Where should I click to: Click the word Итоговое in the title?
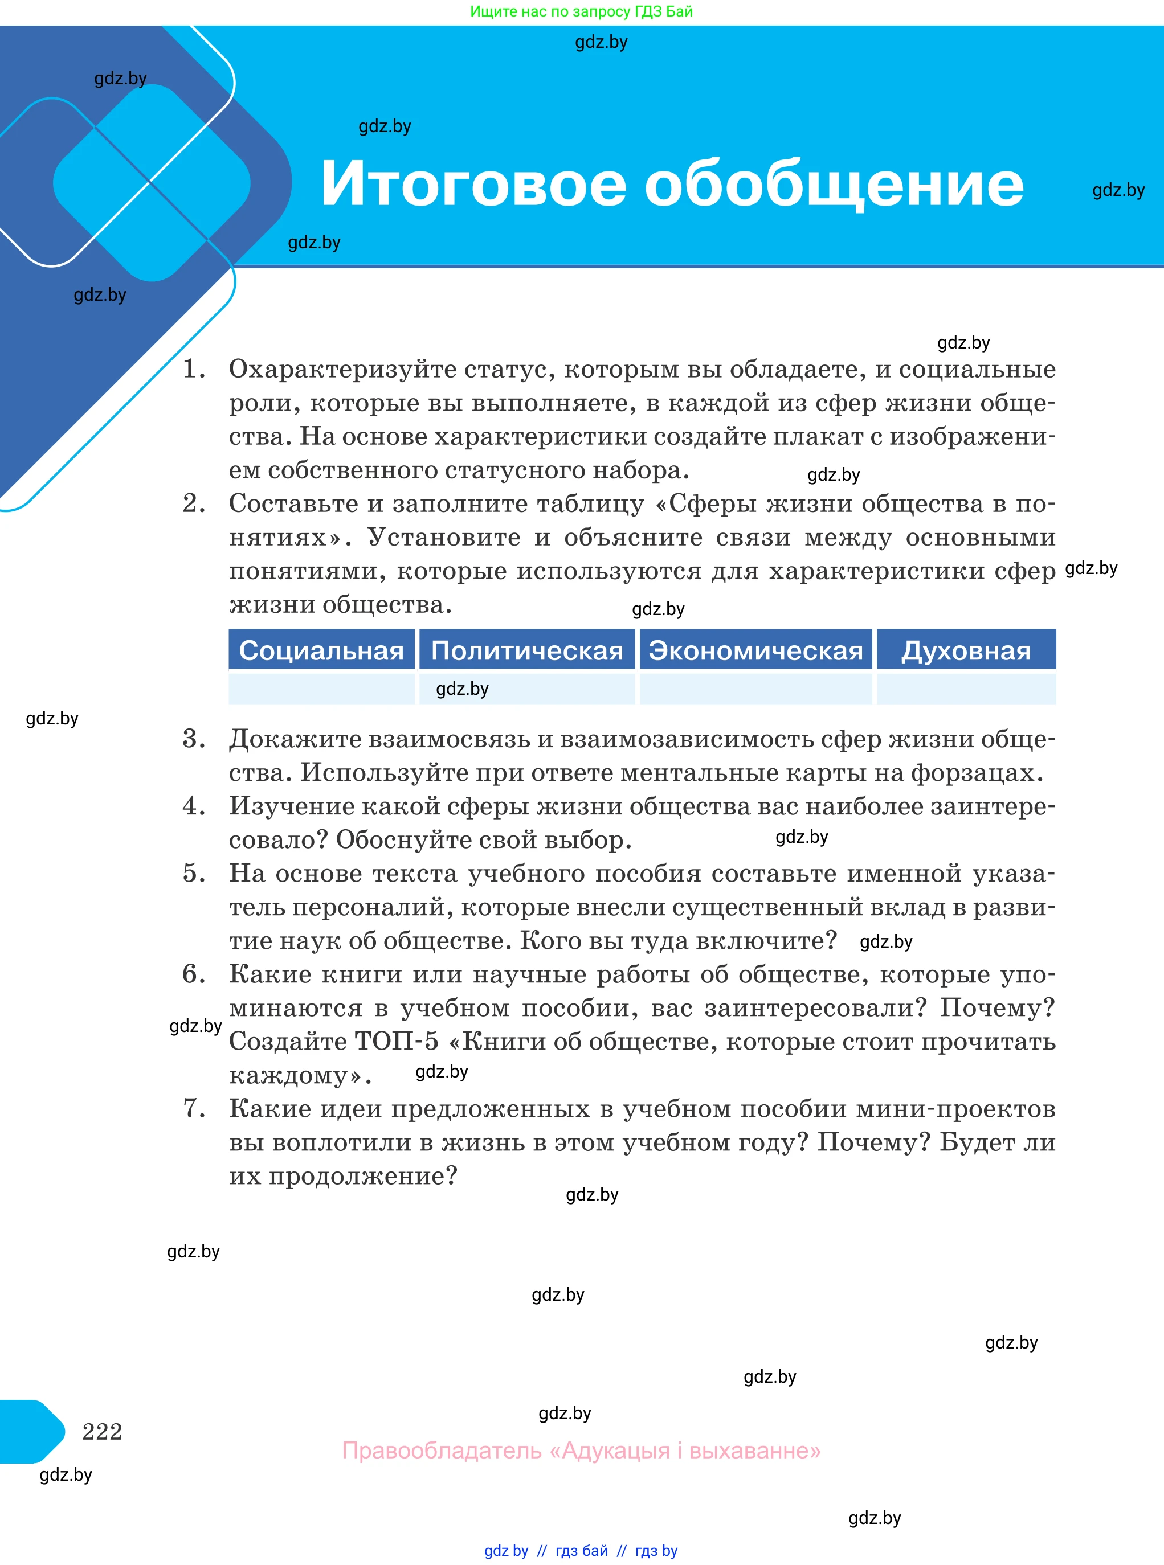pos(473,185)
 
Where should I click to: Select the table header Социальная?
pos(321,650)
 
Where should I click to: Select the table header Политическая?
pos(527,650)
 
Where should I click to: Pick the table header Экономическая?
pos(755,650)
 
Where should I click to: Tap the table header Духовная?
pos(965,650)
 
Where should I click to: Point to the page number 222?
pos(102,1432)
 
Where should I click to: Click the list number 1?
pos(193,369)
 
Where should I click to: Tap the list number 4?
pos(193,806)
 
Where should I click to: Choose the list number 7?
pos(193,1109)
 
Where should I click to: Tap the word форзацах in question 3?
pos(976,773)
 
